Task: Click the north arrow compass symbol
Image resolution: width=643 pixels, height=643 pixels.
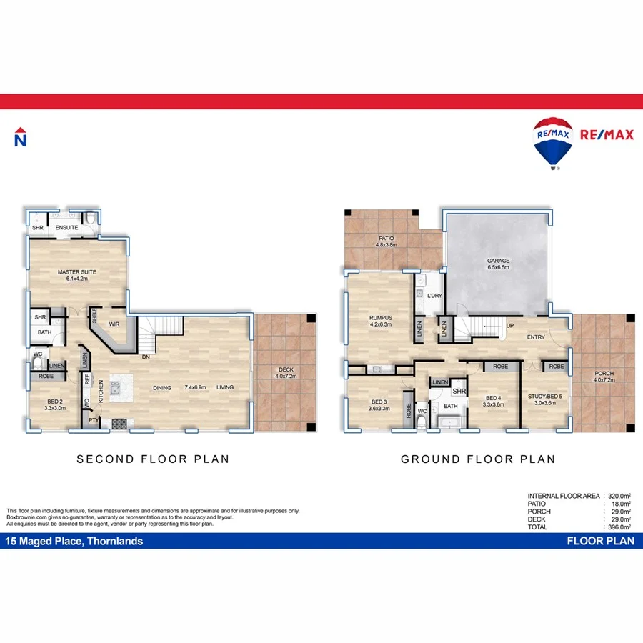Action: [21, 137]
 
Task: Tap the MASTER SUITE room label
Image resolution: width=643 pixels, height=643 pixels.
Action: [77, 272]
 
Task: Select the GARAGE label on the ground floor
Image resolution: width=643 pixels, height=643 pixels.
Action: [497, 261]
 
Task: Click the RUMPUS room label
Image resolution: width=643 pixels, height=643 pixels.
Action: [380, 318]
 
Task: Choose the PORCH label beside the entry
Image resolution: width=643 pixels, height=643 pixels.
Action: [604, 373]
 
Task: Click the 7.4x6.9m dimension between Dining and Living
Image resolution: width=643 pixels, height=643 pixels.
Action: [195, 387]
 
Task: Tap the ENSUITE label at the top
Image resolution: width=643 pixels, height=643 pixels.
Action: [66, 228]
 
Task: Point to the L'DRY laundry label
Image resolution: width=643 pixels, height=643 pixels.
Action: [434, 296]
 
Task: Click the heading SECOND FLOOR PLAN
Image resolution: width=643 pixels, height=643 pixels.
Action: [153, 459]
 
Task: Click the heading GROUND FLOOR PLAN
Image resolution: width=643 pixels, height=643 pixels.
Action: [477, 459]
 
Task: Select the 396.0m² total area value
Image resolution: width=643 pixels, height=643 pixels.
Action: [619, 527]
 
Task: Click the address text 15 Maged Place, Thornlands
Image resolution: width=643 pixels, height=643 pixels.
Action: [74, 542]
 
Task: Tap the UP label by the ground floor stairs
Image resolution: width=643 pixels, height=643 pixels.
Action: [510, 325]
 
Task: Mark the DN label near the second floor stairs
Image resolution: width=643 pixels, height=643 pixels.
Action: [145, 357]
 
